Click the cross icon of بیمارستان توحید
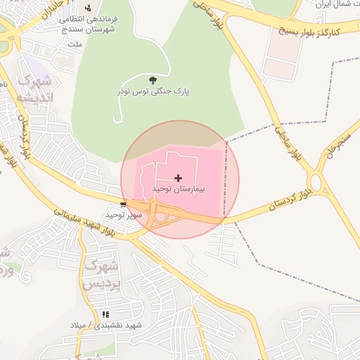click(178, 178)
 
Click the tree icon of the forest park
click(153, 80)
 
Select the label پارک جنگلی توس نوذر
click(153, 92)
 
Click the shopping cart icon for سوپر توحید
click(124, 205)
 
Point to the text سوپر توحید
click(124, 214)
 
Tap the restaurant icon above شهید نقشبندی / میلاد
click(105, 314)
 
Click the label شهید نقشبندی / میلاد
click(105, 325)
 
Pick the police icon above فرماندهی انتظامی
click(88, 8)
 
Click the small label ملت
click(74, 44)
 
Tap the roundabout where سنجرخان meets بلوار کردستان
click(316, 184)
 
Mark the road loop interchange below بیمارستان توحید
click(161, 217)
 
